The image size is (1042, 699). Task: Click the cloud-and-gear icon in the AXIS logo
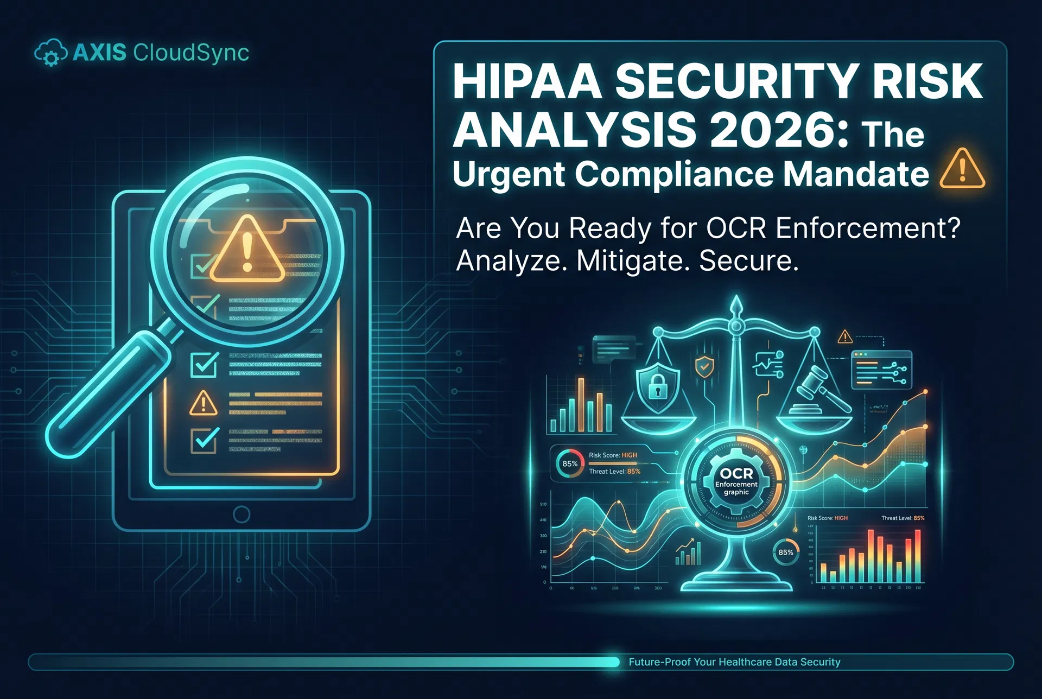(x=50, y=53)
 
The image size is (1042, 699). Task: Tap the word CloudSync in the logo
(x=191, y=53)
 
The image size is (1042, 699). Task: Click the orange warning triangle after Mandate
(x=962, y=169)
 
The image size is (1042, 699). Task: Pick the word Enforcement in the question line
(x=867, y=228)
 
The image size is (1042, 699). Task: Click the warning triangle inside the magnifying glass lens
(x=247, y=251)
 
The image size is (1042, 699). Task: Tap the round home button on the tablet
(x=241, y=514)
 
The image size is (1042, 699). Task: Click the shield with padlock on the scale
(x=657, y=387)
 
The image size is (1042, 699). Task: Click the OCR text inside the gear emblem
(x=736, y=473)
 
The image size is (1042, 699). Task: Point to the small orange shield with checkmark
(x=704, y=367)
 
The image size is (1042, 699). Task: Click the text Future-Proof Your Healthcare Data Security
(x=734, y=662)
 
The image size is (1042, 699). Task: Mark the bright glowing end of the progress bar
(x=614, y=662)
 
